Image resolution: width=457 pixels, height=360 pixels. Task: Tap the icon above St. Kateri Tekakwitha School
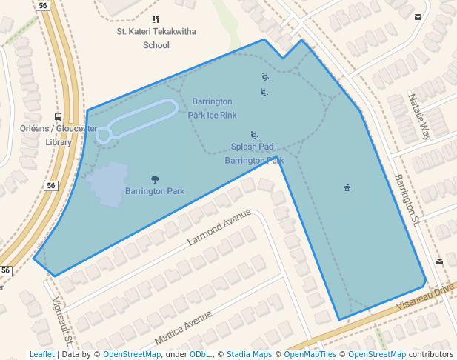(156, 19)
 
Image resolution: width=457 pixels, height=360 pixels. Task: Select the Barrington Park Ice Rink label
(212, 108)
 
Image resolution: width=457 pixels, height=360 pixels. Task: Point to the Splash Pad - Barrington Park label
(254, 153)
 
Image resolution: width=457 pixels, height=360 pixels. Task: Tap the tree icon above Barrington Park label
(155, 179)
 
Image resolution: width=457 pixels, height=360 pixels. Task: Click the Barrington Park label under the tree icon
(155, 191)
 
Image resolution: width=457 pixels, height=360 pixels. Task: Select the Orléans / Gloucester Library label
(59, 135)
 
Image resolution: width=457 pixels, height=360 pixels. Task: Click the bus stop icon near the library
(58, 116)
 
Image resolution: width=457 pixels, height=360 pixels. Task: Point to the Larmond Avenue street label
(219, 227)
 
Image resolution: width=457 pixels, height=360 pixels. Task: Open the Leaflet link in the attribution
(41, 354)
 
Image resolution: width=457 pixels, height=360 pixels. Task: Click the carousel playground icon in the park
(347, 188)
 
